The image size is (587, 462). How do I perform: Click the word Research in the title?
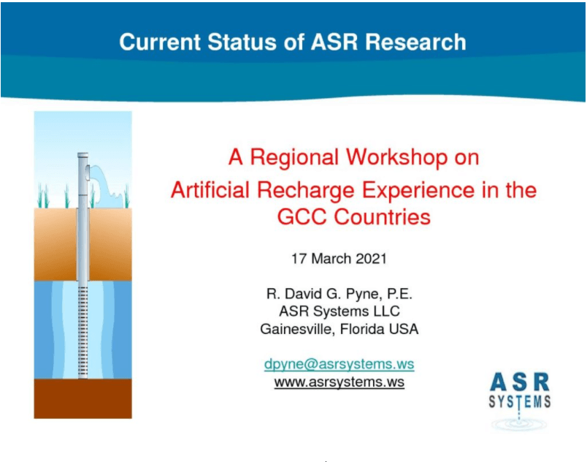pos(415,42)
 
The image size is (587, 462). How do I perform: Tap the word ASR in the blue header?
pos(334,42)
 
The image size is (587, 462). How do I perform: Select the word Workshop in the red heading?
pos(397,157)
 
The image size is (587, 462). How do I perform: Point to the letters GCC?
pos(302,216)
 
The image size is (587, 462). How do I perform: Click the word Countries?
pos(383,216)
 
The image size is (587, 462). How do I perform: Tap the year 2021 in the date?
pos(371,259)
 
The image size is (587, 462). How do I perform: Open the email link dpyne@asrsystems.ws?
pos(339,364)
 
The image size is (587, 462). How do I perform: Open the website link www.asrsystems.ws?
pos(339,382)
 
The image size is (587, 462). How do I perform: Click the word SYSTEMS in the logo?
pos(520,401)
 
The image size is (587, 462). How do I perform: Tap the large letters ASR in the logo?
pos(520,382)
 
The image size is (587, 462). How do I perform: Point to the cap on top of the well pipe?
pos(83,155)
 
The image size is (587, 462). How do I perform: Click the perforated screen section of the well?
pos(83,333)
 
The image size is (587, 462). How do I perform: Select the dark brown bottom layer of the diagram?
pos(83,398)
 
